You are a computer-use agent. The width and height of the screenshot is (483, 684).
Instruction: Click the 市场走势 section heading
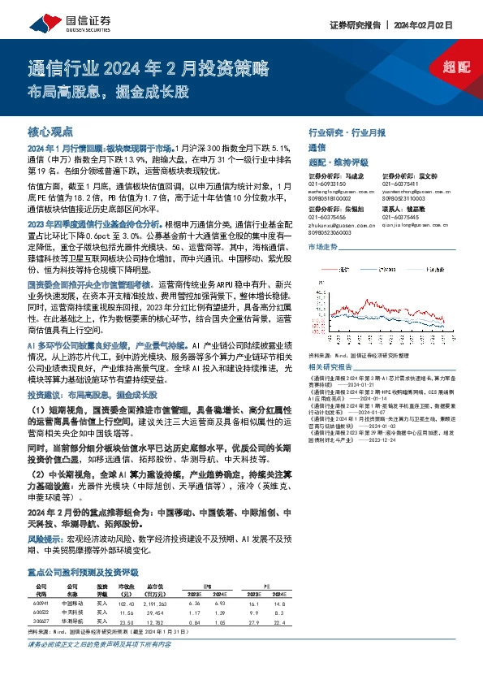pos(324,246)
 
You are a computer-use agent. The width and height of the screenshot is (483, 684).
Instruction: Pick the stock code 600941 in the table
pos(43,582)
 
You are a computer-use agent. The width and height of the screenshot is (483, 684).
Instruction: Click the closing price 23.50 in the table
pos(125,600)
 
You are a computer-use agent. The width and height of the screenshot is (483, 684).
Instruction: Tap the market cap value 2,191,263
pos(157,582)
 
